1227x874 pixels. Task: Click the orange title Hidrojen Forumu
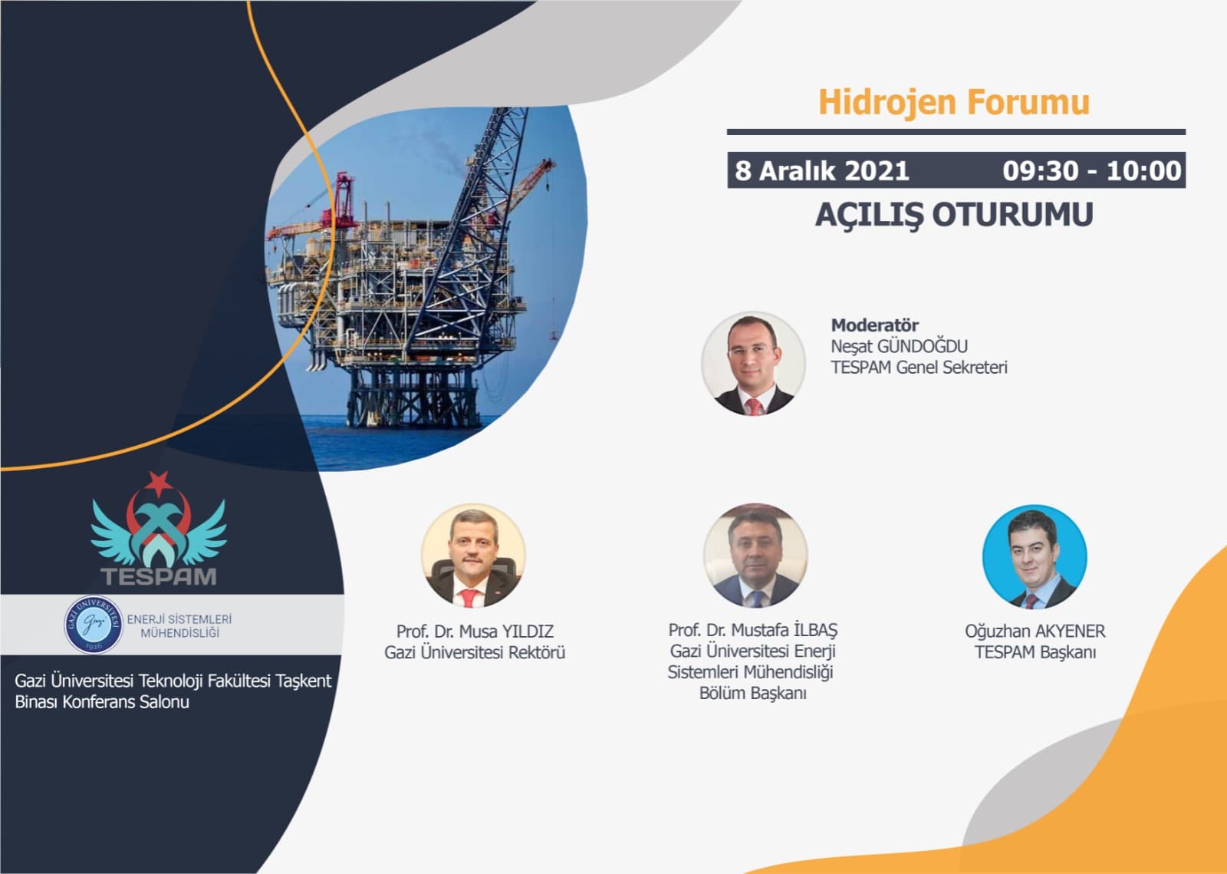954,103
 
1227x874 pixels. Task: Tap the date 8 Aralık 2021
821,170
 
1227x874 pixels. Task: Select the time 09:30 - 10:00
1092,170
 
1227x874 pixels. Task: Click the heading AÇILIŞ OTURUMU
954,215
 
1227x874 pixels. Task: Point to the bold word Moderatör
875,325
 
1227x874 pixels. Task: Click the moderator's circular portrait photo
753,363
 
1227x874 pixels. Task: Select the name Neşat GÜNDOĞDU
899,346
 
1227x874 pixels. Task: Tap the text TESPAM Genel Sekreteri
919,367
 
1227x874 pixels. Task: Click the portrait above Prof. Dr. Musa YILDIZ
474,556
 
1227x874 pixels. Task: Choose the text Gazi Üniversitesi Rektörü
475,653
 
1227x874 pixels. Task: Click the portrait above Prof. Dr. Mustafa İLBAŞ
755,556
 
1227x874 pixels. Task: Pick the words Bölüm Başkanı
752,693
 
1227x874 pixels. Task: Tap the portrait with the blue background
1035,557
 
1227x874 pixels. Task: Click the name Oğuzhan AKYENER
1035,632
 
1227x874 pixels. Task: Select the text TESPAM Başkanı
1035,652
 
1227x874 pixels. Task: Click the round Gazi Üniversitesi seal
94,624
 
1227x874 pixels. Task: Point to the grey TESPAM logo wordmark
158,576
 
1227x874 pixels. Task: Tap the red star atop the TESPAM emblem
159,482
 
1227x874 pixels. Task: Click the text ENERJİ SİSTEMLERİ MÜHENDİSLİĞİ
179,626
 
